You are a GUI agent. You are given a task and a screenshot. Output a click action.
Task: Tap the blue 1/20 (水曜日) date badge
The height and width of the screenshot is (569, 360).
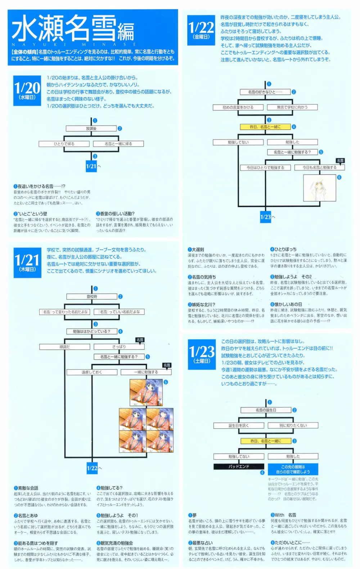pyautogui.click(x=27, y=91)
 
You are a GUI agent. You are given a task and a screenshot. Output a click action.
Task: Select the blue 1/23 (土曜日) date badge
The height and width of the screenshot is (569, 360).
pyautogui.click(x=202, y=354)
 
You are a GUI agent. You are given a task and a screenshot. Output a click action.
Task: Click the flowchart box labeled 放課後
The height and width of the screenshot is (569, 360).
pyautogui.click(x=91, y=128)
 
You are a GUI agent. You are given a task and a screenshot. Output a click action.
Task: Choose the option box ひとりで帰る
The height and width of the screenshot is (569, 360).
pyautogui.click(x=64, y=144)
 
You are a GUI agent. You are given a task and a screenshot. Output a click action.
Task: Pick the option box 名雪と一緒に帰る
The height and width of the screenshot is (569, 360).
pyautogui.click(x=118, y=144)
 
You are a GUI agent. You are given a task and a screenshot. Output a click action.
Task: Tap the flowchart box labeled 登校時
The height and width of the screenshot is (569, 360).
pyautogui.click(x=92, y=297)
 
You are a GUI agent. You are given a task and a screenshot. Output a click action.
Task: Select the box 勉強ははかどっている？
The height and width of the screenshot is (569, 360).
pyautogui.click(x=92, y=331)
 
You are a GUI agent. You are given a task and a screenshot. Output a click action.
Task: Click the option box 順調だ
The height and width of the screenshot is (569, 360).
pyautogui.click(x=65, y=347)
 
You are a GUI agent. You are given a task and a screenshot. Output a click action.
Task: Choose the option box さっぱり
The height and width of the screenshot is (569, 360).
pyautogui.click(x=119, y=347)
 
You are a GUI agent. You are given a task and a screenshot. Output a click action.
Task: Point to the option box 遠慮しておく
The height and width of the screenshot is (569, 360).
pyautogui.click(x=92, y=372)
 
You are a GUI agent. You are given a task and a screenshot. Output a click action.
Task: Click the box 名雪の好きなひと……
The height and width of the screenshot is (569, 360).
pyautogui.click(x=265, y=92)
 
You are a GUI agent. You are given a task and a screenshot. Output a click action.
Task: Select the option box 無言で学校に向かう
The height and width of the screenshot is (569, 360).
pyautogui.click(x=292, y=107)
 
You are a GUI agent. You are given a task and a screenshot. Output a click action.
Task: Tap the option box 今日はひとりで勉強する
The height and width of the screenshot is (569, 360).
pyautogui.click(x=265, y=167)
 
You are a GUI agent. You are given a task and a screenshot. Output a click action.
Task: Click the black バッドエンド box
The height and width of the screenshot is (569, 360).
pyautogui.click(x=239, y=466)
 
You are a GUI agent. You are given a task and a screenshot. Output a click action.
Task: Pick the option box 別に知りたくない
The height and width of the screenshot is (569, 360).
pyautogui.click(x=293, y=425)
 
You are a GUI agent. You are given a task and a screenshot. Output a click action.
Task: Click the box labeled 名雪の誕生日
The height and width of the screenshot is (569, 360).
pyautogui.click(x=266, y=410)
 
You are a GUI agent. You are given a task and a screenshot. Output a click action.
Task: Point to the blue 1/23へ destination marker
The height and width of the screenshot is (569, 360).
pyautogui.click(x=266, y=217)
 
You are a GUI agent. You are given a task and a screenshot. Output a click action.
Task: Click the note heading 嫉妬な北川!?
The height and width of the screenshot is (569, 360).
pyautogui.click(x=203, y=304)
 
